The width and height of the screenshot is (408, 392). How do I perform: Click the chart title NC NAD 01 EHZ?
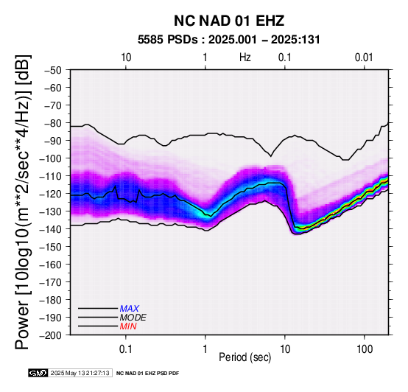[229, 21]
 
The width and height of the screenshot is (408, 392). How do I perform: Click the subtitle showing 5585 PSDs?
[229, 40]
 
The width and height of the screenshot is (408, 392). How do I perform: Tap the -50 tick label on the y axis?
[52, 70]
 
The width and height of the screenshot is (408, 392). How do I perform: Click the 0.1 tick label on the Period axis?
[126, 349]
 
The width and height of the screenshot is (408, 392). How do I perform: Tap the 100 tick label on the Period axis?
[365, 349]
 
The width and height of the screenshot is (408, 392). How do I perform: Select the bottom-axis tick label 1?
[205, 349]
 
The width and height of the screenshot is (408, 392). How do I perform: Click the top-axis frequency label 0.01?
[364, 57]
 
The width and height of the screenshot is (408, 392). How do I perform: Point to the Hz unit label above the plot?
[245, 57]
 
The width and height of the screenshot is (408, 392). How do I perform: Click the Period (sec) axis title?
[245, 357]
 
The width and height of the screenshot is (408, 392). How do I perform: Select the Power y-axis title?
[23, 202]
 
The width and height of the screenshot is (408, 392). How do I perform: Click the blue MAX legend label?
[130, 309]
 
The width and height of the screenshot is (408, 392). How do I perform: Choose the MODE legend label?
[133, 318]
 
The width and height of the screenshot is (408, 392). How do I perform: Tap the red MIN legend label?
[128, 326]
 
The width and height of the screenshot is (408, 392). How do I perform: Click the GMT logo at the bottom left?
[38, 373]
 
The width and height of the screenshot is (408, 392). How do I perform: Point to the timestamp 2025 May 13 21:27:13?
[80, 373]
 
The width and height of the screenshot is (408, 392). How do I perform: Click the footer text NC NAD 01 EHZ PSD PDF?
[147, 374]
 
